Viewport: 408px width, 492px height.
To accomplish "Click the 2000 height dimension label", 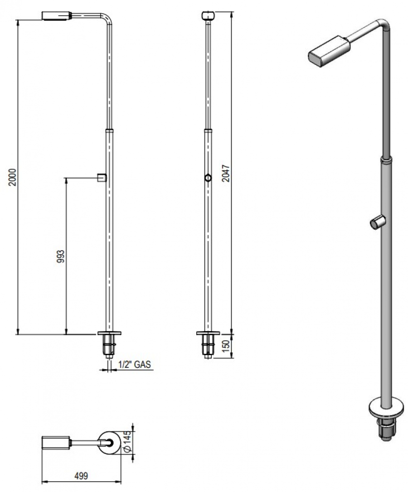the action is (13, 177).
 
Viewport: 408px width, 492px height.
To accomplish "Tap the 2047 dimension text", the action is (226, 173).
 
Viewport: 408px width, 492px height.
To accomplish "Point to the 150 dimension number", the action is (226, 346).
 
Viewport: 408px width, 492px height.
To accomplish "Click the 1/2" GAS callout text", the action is (135, 364).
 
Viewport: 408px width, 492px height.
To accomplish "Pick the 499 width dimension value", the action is (81, 476).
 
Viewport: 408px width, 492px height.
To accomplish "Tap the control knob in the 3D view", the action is (378, 222).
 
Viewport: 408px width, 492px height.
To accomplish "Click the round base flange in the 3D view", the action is (386, 408).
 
